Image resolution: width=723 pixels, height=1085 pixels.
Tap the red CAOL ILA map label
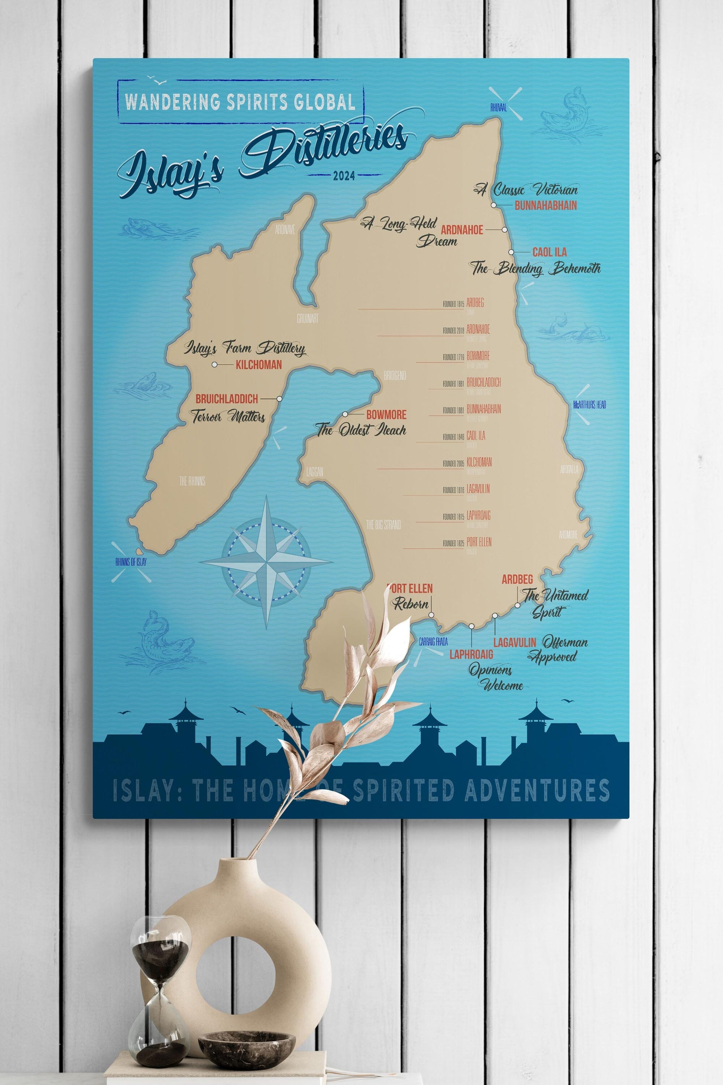click(549, 252)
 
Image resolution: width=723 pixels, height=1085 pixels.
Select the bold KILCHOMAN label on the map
click(259, 365)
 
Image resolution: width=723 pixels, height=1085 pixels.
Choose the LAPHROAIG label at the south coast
click(471, 654)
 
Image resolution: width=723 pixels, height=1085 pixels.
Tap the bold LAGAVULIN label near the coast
click(515, 642)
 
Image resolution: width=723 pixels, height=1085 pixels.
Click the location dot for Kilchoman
click(215, 364)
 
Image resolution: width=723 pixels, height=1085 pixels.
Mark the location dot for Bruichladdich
click(279, 398)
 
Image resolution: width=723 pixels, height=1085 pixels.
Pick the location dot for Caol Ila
click(511, 252)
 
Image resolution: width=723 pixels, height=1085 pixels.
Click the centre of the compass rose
click(266, 562)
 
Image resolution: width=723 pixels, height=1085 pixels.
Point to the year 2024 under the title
click(344, 176)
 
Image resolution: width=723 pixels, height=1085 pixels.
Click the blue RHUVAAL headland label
click(499, 107)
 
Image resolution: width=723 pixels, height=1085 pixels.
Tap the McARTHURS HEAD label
click(589, 405)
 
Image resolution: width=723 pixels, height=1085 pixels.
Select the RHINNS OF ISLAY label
click(131, 562)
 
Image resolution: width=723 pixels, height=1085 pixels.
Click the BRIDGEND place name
click(395, 376)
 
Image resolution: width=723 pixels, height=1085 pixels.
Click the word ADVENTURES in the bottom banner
click(537, 790)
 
